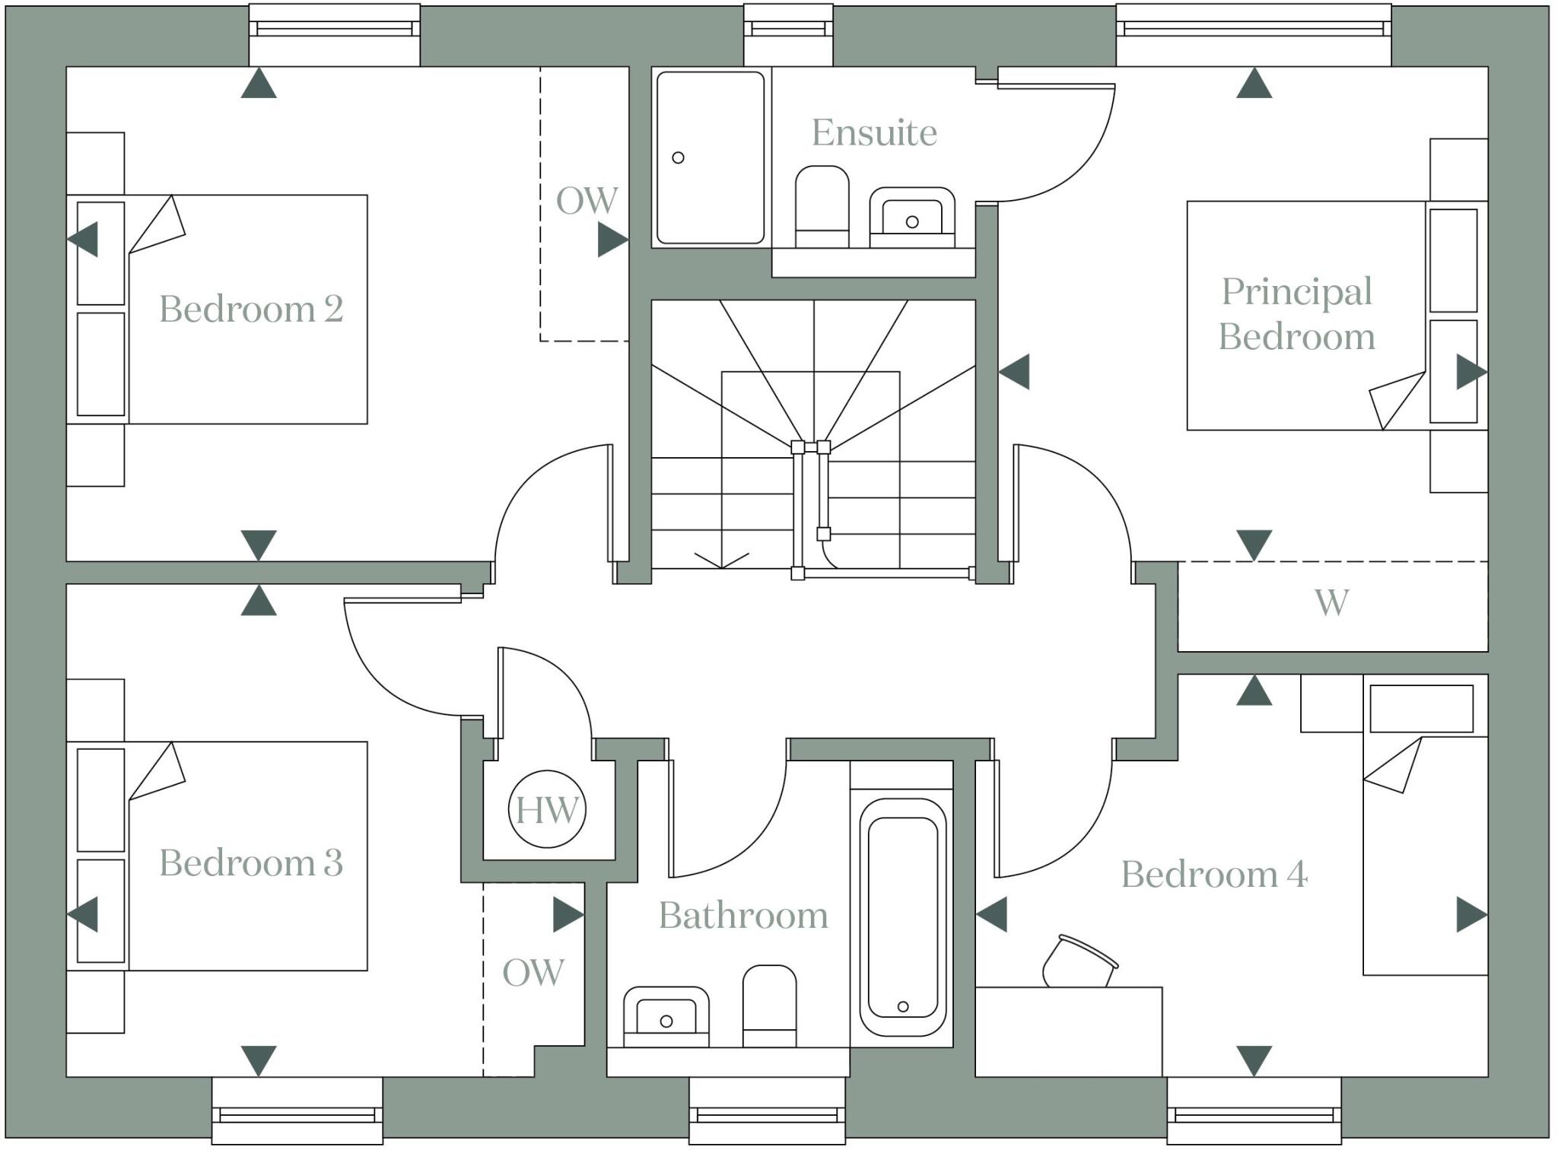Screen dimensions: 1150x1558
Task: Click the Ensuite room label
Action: point(874,133)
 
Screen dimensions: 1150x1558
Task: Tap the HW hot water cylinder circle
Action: point(547,810)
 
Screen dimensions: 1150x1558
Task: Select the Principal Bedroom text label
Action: point(1297,313)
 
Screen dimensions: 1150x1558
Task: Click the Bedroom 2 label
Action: point(251,309)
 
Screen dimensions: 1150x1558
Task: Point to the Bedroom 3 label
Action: point(251,862)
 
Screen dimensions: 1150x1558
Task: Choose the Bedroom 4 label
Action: point(1214,874)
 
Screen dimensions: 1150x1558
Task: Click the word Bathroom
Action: point(743,915)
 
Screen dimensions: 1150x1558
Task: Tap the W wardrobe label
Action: point(1331,602)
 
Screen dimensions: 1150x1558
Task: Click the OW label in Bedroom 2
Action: point(587,201)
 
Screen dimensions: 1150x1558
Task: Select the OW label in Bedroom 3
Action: point(533,972)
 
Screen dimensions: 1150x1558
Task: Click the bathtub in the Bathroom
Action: point(902,917)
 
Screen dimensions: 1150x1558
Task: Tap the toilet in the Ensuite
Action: point(822,205)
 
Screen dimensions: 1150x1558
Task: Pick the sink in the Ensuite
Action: point(912,217)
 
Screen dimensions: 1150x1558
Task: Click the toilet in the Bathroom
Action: point(769,1005)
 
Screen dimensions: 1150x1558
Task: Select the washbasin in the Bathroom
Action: point(666,1016)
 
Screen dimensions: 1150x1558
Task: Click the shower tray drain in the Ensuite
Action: point(678,157)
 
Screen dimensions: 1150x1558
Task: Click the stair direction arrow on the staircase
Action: point(721,561)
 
